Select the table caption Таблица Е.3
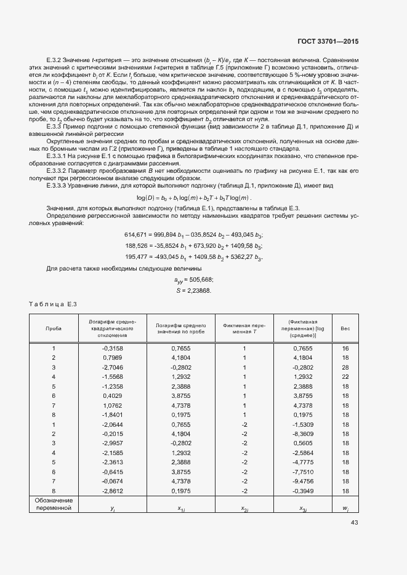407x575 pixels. (x=52, y=303)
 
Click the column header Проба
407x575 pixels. (x=54, y=328)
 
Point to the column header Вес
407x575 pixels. (x=345, y=328)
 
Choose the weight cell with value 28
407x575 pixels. (x=345, y=367)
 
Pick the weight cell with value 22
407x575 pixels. (x=345, y=376)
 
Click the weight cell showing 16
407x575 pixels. (x=345, y=348)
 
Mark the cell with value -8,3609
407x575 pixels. (x=303, y=434)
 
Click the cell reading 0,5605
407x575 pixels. (x=303, y=443)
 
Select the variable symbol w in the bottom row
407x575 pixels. (x=345, y=509)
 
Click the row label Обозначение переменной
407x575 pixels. (x=54, y=504)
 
